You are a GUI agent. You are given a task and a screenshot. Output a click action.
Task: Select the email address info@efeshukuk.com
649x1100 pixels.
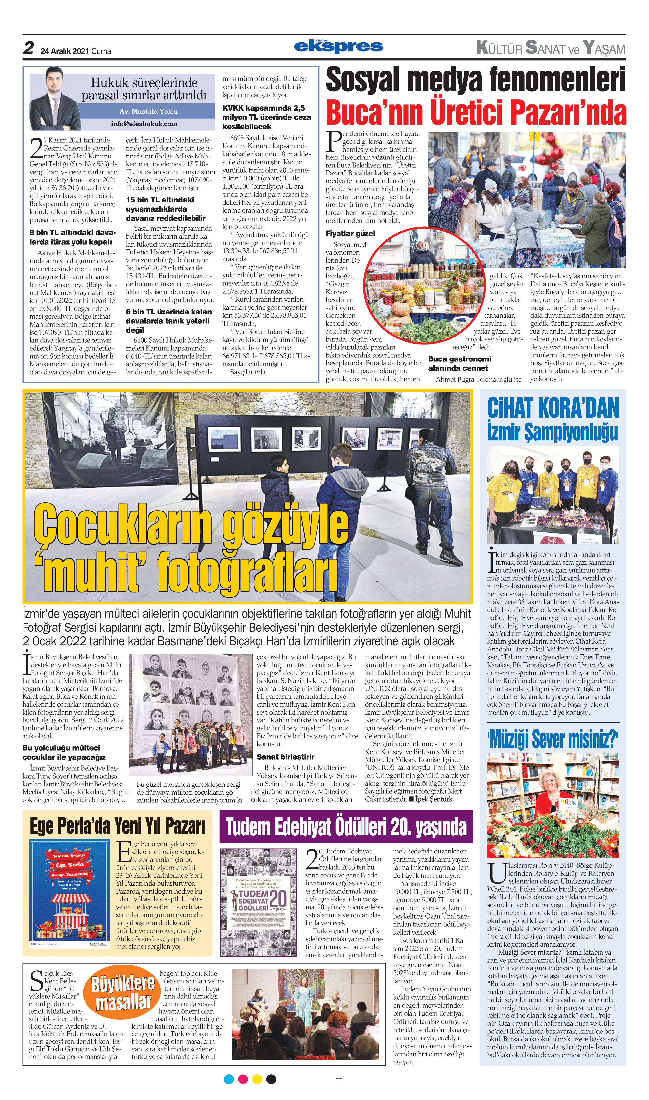pyautogui.click(x=144, y=124)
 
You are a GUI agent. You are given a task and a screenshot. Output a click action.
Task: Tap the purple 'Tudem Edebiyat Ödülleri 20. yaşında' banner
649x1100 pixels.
pyautogui.click(x=346, y=826)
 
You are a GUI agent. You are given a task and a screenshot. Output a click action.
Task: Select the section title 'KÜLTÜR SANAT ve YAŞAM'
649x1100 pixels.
pyautogui.click(x=550, y=48)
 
